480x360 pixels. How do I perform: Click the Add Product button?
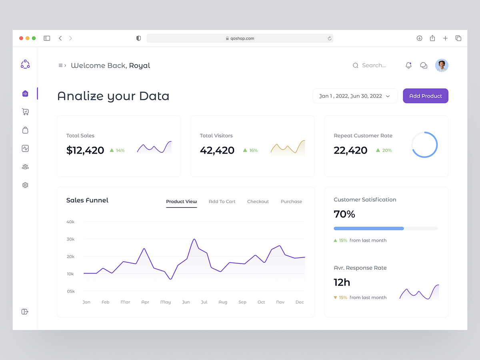pos(425,96)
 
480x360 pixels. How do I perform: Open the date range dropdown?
pos(355,96)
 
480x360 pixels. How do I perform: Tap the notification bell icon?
pos(408,65)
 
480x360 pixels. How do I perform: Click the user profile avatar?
pos(442,65)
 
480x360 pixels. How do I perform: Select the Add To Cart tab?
pos(222,202)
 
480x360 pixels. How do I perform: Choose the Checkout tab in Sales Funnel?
pos(258,202)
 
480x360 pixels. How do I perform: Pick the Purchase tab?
pos(291,202)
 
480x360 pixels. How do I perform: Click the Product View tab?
pos(181,202)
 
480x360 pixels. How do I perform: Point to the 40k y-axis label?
pos(70,222)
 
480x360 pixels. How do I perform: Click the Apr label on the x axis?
pos(145,302)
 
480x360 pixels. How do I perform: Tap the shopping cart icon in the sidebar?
pos(25,112)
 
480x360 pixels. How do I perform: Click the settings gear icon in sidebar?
pos(25,185)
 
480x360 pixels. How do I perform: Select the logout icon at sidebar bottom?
pos(25,312)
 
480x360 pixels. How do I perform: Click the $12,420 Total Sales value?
pos(85,150)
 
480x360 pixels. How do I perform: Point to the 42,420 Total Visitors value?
pos(217,150)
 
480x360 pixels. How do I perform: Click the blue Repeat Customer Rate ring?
pos(424,144)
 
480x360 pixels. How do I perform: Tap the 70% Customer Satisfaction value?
pos(344,214)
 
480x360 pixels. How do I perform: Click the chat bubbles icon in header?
pos(424,65)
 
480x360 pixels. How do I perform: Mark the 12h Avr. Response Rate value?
pos(342,282)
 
